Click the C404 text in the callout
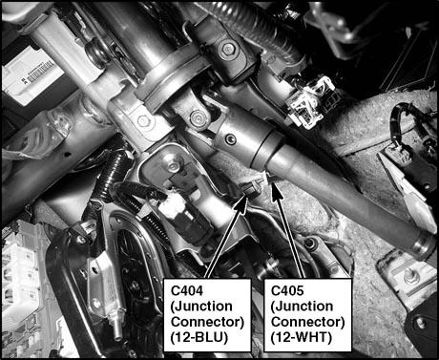(x=187, y=291)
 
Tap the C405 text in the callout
(x=287, y=291)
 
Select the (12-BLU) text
(x=199, y=338)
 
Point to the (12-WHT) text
(x=302, y=338)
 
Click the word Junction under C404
(x=201, y=307)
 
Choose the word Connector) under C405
(x=308, y=322)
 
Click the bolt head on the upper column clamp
(x=228, y=50)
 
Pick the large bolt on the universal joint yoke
(x=197, y=118)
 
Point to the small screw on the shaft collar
(x=229, y=139)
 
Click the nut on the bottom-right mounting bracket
(x=408, y=279)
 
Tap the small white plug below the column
(x=170, y=205)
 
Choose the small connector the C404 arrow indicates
(x=251, y=189)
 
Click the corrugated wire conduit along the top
(x=259, y=27)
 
